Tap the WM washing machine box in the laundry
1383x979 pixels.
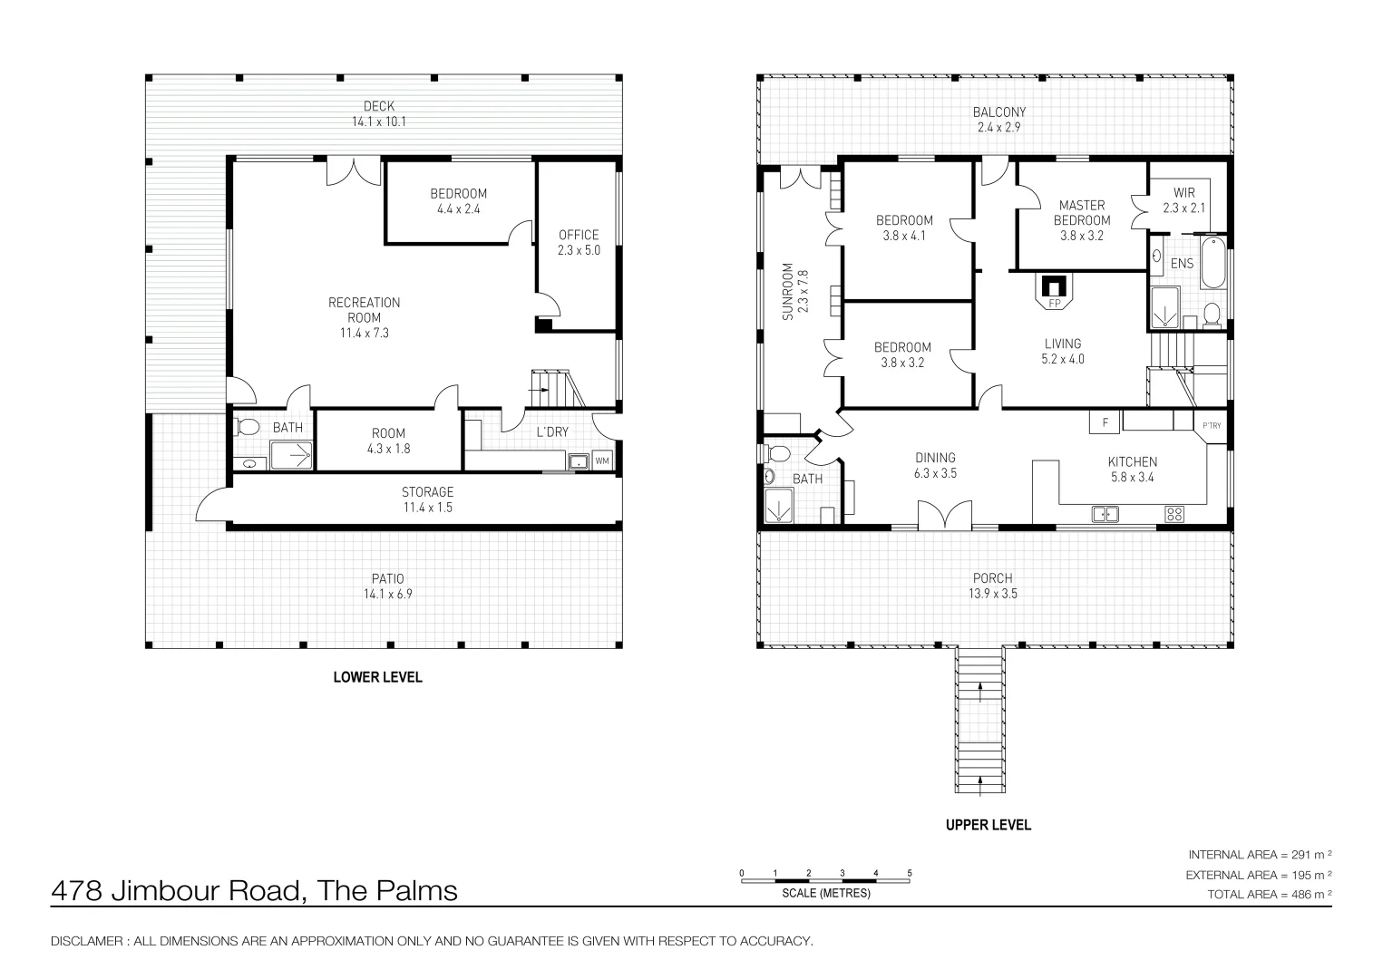[x=602, y=461]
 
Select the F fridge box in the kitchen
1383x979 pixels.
[x=1105, y=422]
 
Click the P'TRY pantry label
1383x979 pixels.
[x=1212, y=426]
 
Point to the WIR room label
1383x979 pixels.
[x=1183, y=193]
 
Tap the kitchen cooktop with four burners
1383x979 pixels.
[x=1174, y=514]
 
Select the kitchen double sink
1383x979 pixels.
[x=1105, y=514]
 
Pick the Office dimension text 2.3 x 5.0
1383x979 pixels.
[x=579, y=250]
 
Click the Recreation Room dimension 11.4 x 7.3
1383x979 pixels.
[x=364, y=333]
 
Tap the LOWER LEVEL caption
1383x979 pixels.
[x=377, y=677]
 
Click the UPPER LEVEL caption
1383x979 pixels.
[x=988, y=825]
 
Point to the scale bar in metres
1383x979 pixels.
[x=826, y=877]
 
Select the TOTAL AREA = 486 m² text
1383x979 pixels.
[x=1269, y=894]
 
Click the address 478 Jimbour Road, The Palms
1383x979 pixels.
[x=254, y=891]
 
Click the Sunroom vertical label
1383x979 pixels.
[x=787, y=292]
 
